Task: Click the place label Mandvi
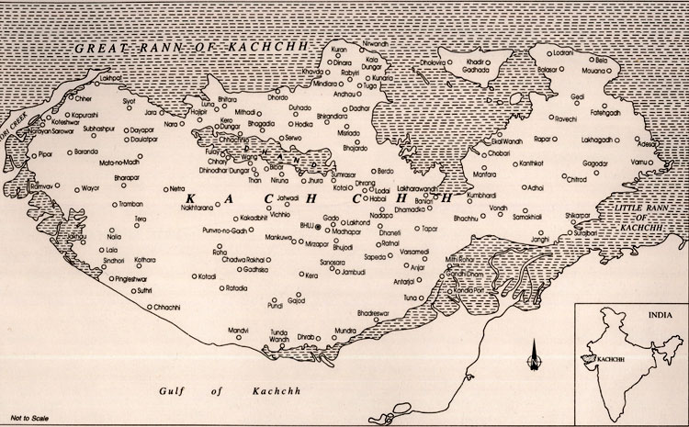click(x=240, y=328)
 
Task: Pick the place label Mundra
click(x=345, y=328)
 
